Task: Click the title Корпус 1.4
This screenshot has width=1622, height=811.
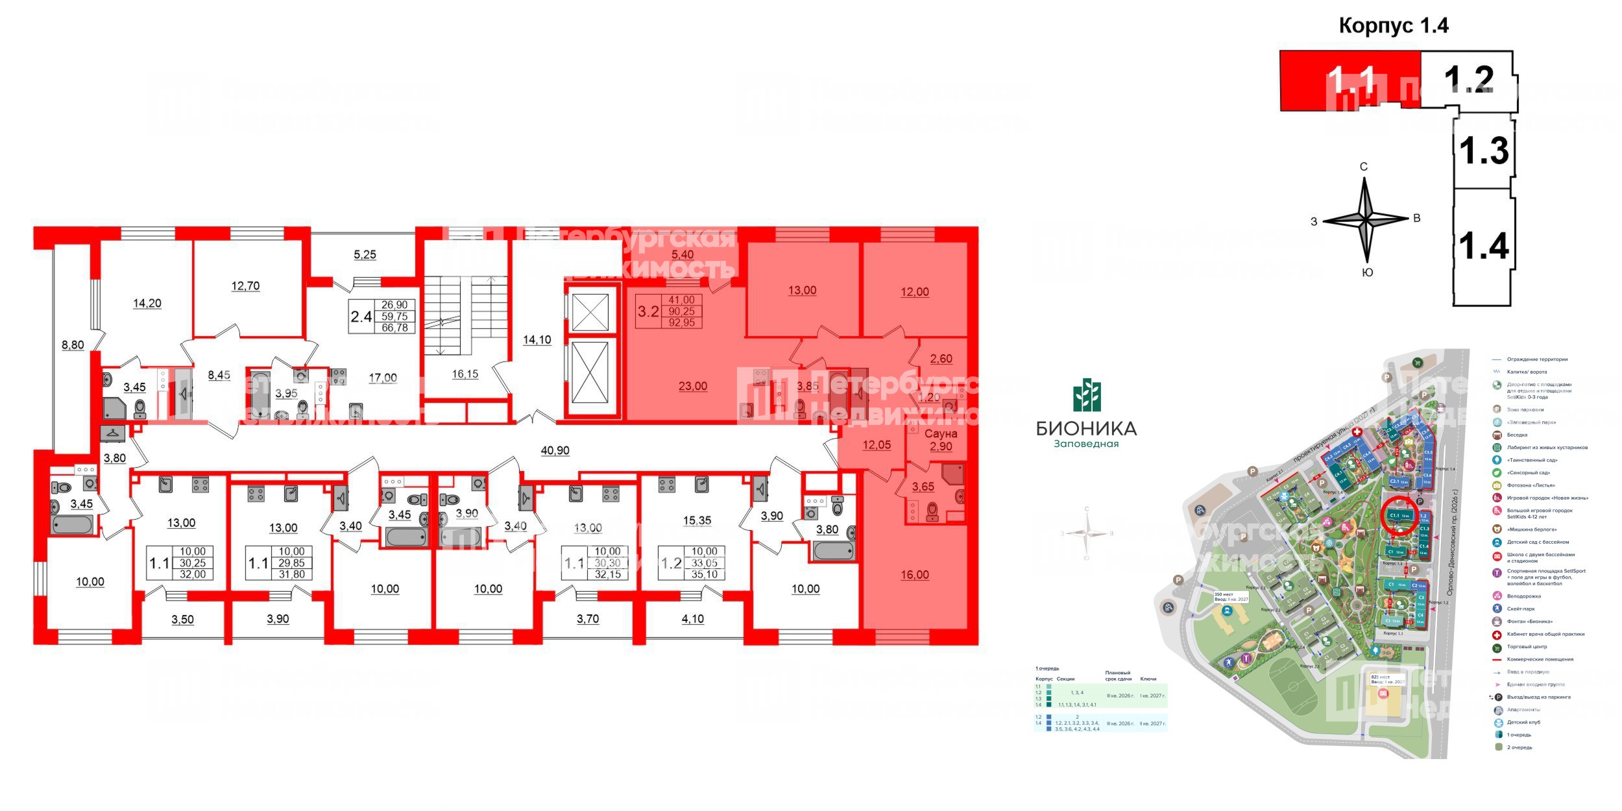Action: tap(1394, 26)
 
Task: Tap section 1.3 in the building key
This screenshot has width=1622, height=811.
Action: tap(1484, 151)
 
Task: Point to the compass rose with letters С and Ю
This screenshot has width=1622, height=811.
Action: tap(1366, 221)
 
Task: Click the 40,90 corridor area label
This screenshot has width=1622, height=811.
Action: tap(555, 450)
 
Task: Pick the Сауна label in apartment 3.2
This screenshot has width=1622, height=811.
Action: tap(941, 433)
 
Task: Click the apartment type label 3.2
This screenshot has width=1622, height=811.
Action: tap(648, 311)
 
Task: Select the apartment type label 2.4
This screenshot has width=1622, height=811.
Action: tap(361, 317)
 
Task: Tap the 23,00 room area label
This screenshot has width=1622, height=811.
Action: tap(693, 386)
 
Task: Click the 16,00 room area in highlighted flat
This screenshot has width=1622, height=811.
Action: tap(915, 575)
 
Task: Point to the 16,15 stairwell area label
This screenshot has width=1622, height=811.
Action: tap(465, 374)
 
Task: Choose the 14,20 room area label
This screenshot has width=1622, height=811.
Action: tap(147, 303)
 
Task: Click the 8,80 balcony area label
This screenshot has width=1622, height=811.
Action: tap(73, 345)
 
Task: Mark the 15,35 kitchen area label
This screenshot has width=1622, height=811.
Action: tap(697, 520)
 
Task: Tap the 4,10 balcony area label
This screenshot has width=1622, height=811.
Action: tap(693, 619)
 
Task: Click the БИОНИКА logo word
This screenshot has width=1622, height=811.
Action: tap(1086, 428)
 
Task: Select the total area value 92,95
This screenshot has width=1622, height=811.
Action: tap(681, 322)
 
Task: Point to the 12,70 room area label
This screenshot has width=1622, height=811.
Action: tap(245, 285)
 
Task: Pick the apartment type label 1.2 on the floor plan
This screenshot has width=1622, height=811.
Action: tap(671, 563)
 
